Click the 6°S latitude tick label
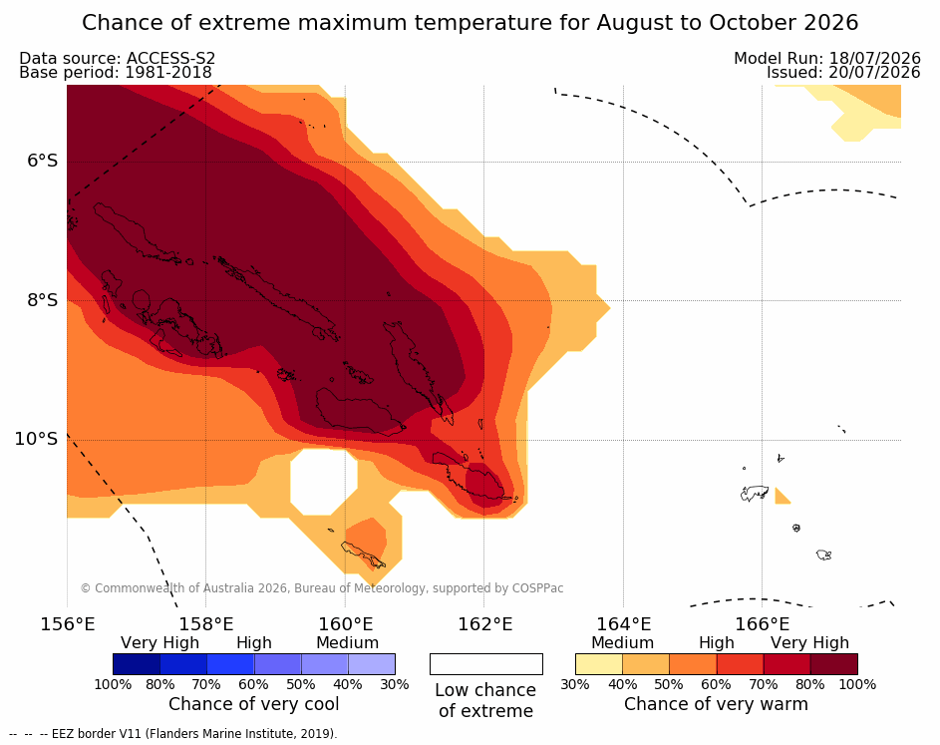pyautogui.click(x=43, y=162)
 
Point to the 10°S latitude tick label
pyautogui.click(x=37, y=439)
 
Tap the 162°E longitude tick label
pyautogui.click(x=485, y=624)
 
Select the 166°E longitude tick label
pyautogui.click(x=762, y=624)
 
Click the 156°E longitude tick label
pyautogui.click(x=67, y=624)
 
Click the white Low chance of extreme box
pyautogui.click(x=486, y=664)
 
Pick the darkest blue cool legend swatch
pyautogui.click(x=137, y=664)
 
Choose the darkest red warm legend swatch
pyautogui.click(x=834, y=664)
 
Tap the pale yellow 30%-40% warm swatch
pyautogui.click(x=599, y=664)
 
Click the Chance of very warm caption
pyautogui.click(x=716, y=704)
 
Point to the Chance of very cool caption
pyautogui.click(x=253, y=704)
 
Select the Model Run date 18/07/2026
pyautogui.click(x=874, y=58)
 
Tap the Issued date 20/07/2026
pyautogui.click(x=874, y=73)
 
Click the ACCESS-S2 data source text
pyautogui.click(x=170, y=58)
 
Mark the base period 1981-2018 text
pyautogui.click(x=168, y=73)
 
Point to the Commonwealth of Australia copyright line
pyautogui.click(x=322, y=587)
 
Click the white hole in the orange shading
pyautogui.click(x=324, y=482)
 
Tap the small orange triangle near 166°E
pyautogui.click(x=781, y=498)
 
